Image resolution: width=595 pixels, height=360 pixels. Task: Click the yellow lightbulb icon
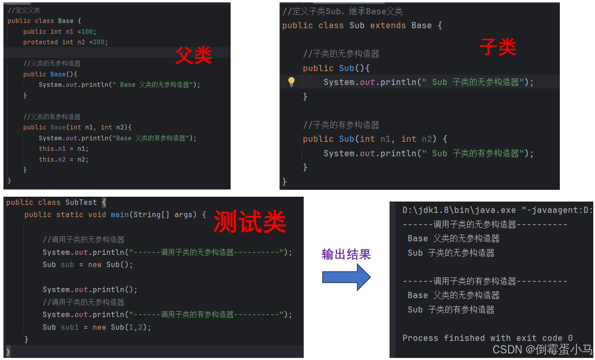point(291,82)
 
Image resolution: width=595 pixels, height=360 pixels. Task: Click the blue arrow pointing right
point(346,277)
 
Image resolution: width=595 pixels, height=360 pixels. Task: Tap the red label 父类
point(193,55)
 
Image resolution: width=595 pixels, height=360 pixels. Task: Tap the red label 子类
point(498,47)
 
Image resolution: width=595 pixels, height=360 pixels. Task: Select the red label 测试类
point(250,222)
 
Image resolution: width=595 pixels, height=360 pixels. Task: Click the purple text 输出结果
point(346,254)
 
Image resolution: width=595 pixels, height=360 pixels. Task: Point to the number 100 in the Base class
point(87,32)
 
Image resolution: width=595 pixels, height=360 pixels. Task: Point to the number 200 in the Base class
point(99,42)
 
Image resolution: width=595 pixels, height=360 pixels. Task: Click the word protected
point(40,42)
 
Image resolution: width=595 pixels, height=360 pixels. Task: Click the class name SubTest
point(81,202)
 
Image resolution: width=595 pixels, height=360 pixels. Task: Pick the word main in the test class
point(119,215)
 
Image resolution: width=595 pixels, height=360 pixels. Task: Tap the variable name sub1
point(70,327)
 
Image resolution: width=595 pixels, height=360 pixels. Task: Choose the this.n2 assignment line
point(63,160)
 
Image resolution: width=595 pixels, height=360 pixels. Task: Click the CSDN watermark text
point(542,350)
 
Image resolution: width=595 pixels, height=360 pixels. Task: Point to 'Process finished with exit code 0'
point(487,338)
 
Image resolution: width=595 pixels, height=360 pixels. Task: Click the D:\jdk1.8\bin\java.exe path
point(459,210)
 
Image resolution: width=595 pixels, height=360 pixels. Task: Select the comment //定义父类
point(24,10)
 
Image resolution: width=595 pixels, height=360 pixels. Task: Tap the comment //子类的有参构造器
point(341,125)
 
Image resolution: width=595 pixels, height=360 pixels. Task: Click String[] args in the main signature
point(164,215)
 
